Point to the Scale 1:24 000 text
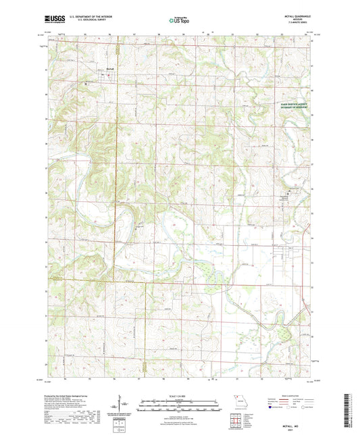click(x=180, y=394)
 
